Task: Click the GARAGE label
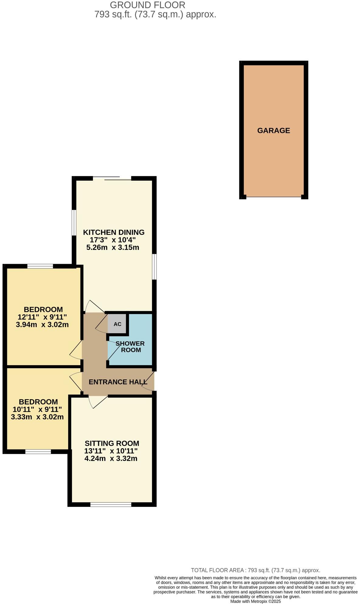tap(273, 131)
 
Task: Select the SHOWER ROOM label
tap(130, 347)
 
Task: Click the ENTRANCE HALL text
tap(118, 382)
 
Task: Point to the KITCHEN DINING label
tap(114, 232)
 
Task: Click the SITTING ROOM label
tap(112, 443)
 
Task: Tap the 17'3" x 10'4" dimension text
tap(112, 240)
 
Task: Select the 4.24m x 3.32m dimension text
tap(111, 458)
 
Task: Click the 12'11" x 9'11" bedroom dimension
tap(42, 317)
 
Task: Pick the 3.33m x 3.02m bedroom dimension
tap(37, 417)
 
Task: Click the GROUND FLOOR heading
tap(147, 5)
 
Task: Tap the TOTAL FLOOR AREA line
tap(255, 570)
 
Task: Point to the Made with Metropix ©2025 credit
tap(255, 601)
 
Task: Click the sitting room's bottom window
tap(111, 504)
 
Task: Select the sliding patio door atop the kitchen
tap(112, 179)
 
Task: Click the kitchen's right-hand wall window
tap(154, 267)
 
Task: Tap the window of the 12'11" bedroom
tap(40, 267)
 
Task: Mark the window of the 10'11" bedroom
tap(38, 452)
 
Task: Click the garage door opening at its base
tap(273, 197)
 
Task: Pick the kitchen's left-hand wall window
tap(74, 222)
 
